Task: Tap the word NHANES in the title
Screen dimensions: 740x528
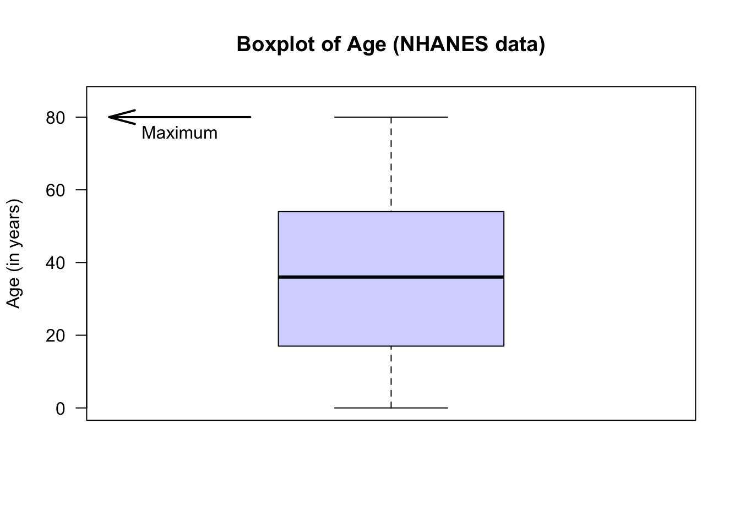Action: click(443, 44)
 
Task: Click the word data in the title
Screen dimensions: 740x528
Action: click(516, 44)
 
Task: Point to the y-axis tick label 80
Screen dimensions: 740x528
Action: click(55, 118)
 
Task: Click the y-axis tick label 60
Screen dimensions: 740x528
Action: click(55, 190)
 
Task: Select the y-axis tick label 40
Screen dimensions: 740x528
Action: click(55, 263)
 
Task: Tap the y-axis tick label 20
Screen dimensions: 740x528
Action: click(55, 335)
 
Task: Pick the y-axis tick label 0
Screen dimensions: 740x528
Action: click(61, 409)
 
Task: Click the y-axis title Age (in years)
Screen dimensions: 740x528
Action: click(14, 254)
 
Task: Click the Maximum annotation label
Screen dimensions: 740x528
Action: click(179, 133)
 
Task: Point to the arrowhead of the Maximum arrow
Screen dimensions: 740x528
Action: click(109, 117)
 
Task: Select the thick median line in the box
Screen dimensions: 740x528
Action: click(391, 277)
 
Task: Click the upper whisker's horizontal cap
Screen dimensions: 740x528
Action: click(391, 117)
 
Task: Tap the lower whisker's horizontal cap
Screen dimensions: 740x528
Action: click(391, 408)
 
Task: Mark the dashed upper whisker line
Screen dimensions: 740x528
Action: click(391, 164)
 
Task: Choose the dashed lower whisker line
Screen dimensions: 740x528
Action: click(391, 377)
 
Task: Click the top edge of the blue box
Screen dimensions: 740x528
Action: click(391, 212)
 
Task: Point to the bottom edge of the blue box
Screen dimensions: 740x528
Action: click(391, 346)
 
